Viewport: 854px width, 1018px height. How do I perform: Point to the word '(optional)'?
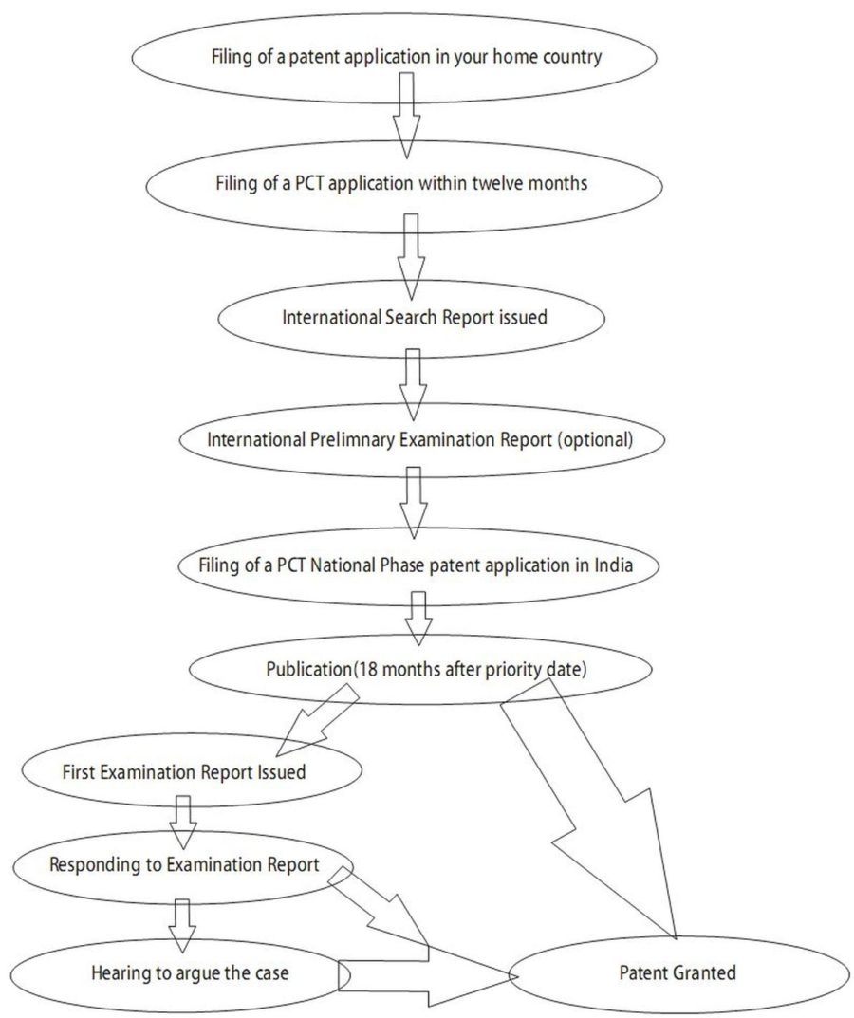tap(595, 439)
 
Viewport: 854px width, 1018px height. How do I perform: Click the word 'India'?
tap(613, 565)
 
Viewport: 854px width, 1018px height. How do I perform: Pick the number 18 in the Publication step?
tap(367, 669)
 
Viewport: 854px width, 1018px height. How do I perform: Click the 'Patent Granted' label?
tap(678, 972)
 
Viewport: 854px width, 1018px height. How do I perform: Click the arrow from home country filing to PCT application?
tap(406, 115)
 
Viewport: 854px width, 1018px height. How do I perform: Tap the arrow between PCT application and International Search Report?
tap(411, 256)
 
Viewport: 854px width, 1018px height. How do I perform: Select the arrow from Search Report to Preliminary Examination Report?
tap(413, 384)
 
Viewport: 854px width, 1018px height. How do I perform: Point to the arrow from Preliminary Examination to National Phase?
tap(413, 503)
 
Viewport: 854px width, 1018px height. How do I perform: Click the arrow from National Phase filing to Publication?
tap(418, 618)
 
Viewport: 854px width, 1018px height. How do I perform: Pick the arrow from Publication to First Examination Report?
tap(316, 721)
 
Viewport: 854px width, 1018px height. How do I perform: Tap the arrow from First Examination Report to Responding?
tap(183, 822)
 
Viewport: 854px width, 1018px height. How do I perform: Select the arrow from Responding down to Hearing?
tap(182, 926)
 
